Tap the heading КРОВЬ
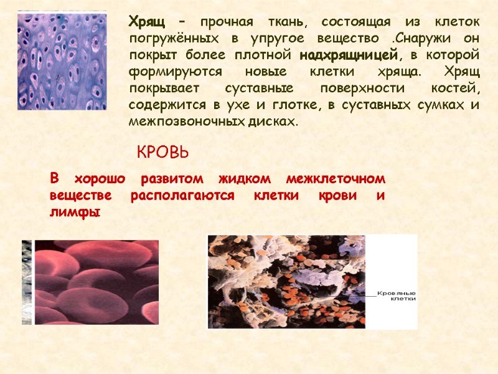tap(162, 151)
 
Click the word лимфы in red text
tap(75, 212)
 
